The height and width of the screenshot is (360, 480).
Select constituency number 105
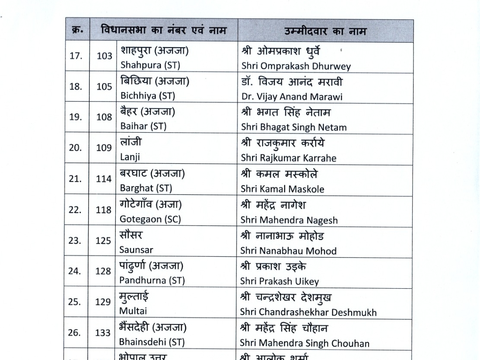point(104,86)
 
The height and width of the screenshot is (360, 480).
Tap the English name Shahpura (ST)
point(150,66)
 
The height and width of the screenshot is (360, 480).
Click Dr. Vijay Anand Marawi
point(292,97)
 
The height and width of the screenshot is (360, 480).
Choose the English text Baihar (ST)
point(143,127)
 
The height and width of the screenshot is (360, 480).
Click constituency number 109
point(104,148)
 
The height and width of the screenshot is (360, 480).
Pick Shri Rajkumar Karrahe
point(289,158)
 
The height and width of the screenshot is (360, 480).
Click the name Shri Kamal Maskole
point(283,189)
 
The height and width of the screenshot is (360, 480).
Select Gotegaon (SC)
point(150,219)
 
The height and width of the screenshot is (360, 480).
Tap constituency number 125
point(104,241)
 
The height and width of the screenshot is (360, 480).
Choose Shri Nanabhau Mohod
point(288,251)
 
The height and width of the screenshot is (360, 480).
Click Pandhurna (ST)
point(152,280)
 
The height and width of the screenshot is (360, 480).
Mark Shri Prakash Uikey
point(280,281)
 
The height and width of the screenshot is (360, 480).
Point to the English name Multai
point(133,311)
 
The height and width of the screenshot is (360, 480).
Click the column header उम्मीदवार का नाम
point(325,31)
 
